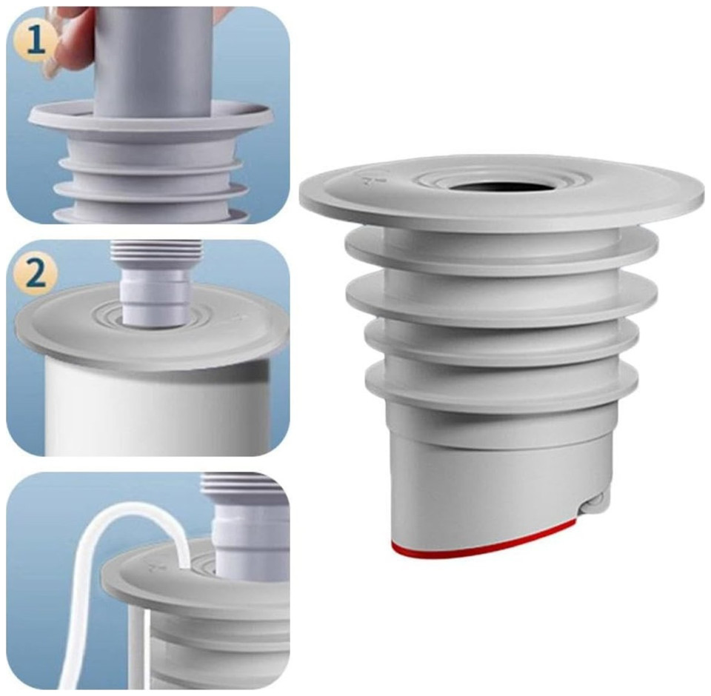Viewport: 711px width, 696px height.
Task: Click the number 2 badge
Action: click(36, 273)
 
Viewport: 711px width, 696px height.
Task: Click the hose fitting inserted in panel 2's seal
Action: click(155, 297)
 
